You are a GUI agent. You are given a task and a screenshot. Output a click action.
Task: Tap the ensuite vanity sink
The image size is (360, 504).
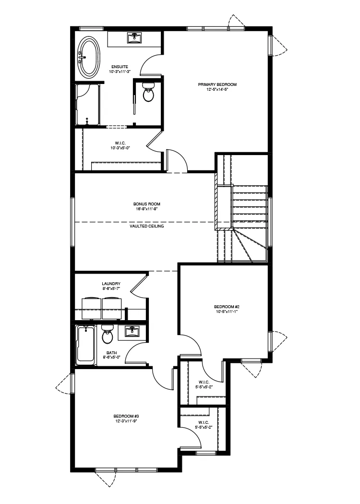coord(134,38)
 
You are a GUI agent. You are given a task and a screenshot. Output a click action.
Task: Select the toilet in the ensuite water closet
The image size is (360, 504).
coord(148,92)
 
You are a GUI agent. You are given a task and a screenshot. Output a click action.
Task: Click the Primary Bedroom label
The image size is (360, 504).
coord(217,84)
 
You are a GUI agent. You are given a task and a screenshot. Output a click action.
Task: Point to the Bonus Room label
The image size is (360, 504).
coord(147,204)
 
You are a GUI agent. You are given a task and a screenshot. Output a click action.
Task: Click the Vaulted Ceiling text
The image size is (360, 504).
coord(147,226)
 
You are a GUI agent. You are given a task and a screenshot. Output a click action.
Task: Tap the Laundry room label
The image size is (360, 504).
coord(111,284)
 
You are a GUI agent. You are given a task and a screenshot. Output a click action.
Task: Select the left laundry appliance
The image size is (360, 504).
coord(92,309)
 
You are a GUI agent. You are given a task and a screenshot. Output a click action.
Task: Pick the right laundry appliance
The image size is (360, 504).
coord(111,309)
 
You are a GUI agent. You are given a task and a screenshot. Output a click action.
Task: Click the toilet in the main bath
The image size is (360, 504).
coord(107,334)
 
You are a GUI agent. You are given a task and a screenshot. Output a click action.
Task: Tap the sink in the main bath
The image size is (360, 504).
coord(131,331)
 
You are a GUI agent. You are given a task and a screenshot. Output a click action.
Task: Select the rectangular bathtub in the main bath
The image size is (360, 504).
coord(86,345)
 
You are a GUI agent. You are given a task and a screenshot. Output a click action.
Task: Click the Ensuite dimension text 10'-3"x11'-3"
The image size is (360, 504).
coord(120,72)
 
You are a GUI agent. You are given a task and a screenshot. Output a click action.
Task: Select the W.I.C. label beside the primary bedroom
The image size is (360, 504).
coord(120,143)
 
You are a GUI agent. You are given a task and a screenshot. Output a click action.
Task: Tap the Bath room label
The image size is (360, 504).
coord(111,353)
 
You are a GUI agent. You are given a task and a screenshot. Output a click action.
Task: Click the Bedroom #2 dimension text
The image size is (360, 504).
coord(227,312)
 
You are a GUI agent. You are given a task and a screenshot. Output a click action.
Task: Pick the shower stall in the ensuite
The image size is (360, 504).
coord(87,105)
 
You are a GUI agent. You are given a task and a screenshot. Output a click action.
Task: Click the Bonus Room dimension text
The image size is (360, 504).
coord(147,209)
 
